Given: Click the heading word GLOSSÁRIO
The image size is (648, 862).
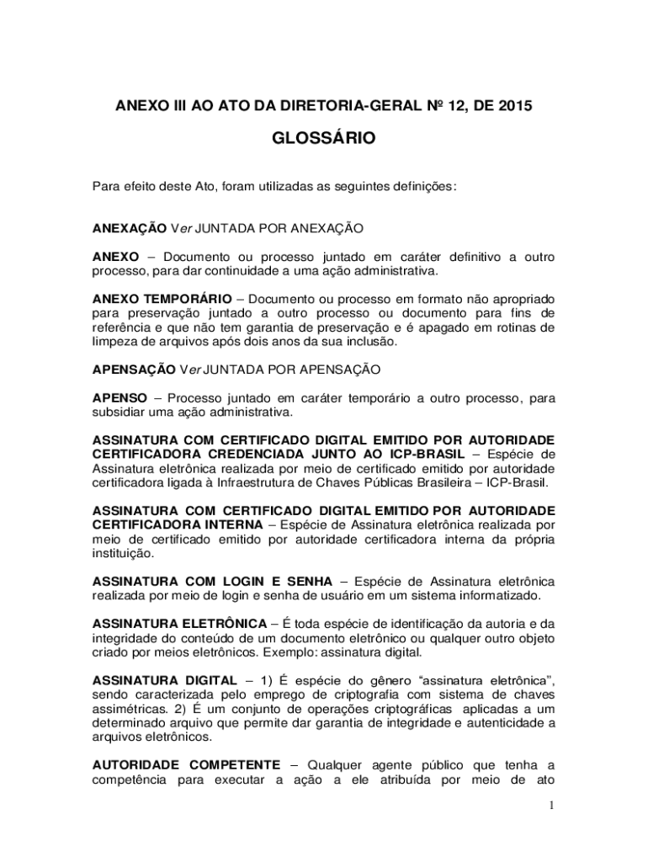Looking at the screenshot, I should (324, 137).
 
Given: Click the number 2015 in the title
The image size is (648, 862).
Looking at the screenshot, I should (515, 106).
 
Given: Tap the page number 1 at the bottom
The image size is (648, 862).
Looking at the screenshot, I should (551, 805).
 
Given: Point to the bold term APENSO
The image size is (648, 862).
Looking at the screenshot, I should (120, 397).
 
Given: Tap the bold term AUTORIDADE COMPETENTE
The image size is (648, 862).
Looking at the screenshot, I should (186, 764).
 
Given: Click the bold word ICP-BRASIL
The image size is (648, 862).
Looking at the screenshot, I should (421, 454).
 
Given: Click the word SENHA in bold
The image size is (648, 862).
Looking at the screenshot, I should (305, 581).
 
